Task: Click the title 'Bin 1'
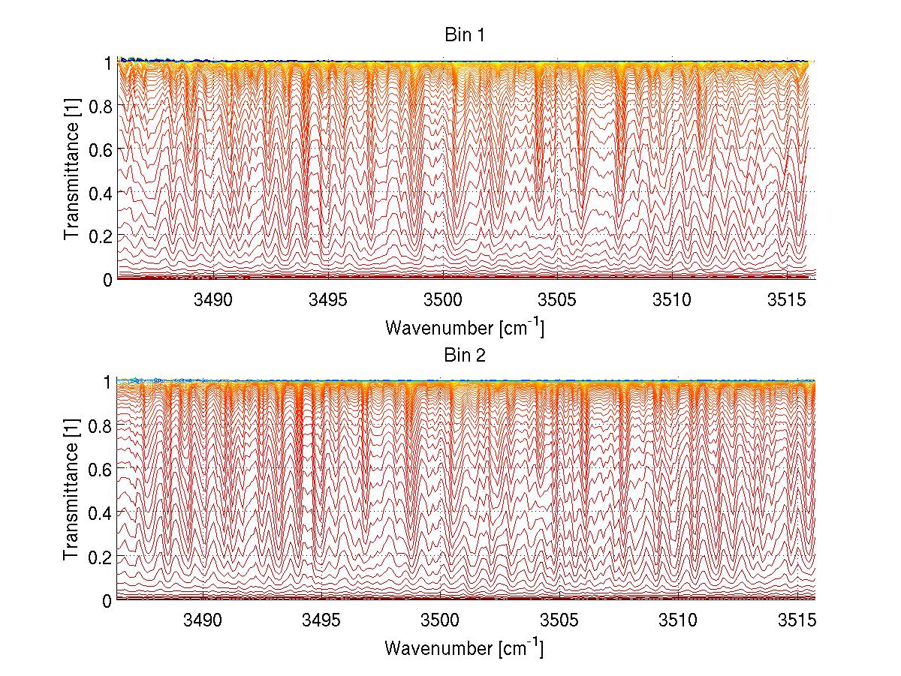[466, 35]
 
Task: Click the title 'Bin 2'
[466, 356]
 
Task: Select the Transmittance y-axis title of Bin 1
[72, 170]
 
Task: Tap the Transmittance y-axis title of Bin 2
[72, 491]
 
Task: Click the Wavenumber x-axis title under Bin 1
[464, 328]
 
